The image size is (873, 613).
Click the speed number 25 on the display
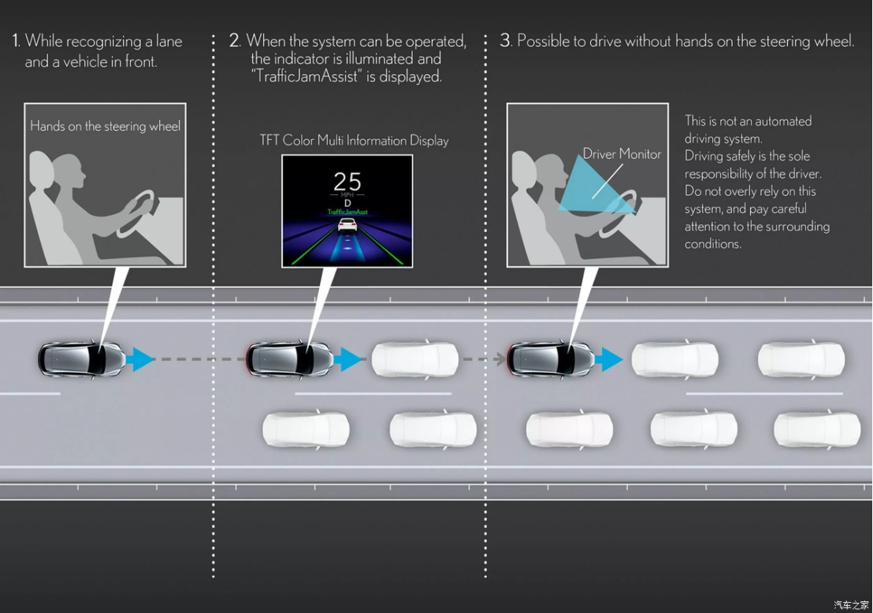tap(347, 181)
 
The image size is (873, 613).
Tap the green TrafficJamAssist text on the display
tap(347, 212)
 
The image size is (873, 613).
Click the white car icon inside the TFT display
tap(347, 225)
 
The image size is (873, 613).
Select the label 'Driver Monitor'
tap(622, 154)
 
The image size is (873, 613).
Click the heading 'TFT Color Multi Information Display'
tap(354, 140)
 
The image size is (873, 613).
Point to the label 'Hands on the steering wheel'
tap(106, 126)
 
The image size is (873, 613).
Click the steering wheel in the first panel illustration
tap(136, 212)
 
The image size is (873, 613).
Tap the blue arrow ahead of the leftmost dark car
tap(139, 360)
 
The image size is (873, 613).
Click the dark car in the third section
tap(551, 360)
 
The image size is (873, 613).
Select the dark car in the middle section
tap(290, 360)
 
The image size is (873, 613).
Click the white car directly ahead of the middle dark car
tap(415, 360)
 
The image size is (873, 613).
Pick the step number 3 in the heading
tap(505, 41)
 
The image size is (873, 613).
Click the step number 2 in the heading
tap(234, 41)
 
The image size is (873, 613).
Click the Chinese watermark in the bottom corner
tap(851, 604)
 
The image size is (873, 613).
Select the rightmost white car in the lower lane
tap(817, 430)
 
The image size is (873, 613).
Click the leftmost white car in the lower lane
tap(306, 430)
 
